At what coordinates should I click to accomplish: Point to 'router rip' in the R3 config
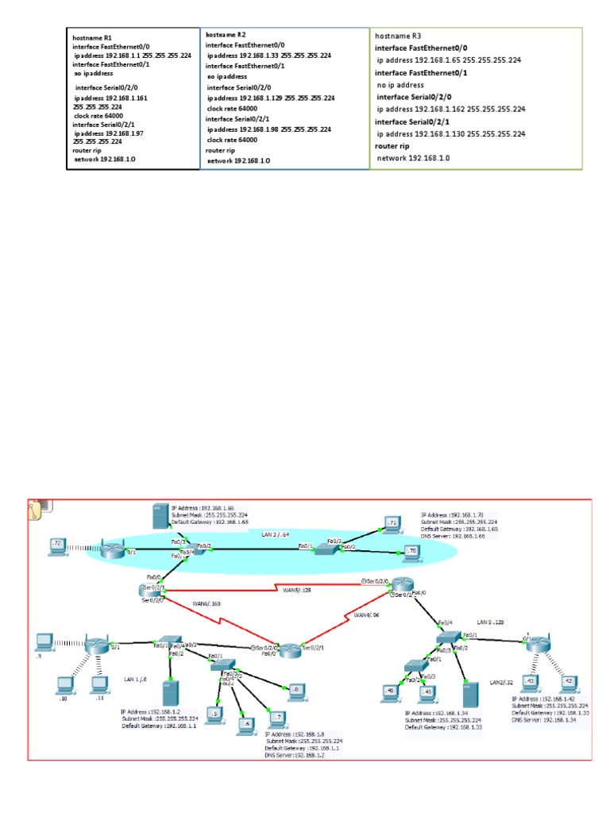tap(392, 147)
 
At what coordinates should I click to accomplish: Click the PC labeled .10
tap(63, 684)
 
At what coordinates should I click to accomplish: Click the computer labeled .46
tap(390, 690)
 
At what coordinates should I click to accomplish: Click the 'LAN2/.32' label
tap(501, 683)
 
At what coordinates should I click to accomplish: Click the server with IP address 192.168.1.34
tap(472, 695)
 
